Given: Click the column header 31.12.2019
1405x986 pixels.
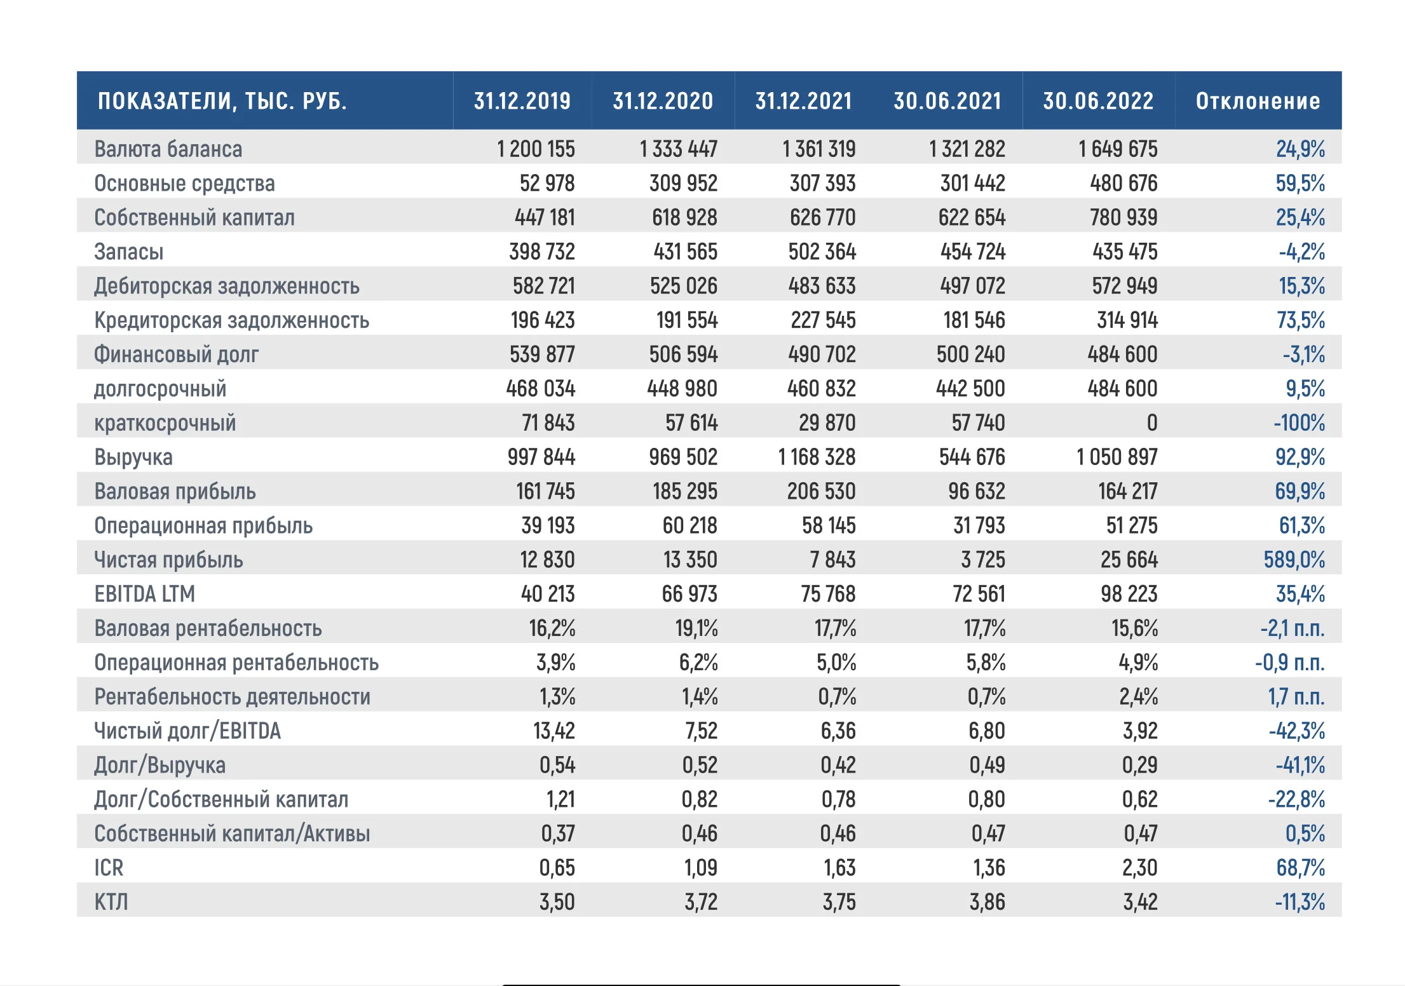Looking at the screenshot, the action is coord(522,101).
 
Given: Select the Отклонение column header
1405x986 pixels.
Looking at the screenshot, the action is coord(1258,101).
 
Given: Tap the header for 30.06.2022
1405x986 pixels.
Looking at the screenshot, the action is coord(1098,101).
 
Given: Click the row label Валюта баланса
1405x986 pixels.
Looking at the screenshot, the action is coord(168,149).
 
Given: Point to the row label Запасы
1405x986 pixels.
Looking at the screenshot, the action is coord(129,252).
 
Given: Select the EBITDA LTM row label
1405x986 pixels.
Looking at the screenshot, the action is coord(145,594).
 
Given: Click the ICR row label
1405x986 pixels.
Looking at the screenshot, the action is coord(109,868).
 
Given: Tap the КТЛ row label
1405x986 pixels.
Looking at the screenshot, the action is coord(111,902).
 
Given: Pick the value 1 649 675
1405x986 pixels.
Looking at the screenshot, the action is coord(1118,149).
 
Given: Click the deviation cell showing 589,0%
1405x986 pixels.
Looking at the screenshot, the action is coord(1294,560).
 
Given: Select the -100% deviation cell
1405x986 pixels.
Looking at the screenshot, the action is coord(1300,423).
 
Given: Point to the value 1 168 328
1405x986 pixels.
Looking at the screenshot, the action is coord(817,457).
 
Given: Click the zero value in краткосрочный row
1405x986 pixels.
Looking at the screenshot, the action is coord(1152,423).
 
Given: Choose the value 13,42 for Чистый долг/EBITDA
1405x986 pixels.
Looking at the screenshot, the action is coord(554,731).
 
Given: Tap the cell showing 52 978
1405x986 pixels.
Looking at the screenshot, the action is coord(547,184).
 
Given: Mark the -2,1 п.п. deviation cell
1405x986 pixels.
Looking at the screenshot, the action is coord(1293,628).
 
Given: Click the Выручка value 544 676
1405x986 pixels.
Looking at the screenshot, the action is coord(972,457).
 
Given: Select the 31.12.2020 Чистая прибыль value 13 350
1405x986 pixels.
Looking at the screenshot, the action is coord(690,560).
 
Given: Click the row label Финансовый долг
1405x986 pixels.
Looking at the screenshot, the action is coord(177,355).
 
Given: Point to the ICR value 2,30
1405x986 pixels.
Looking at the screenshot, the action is coord(1140,868).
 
